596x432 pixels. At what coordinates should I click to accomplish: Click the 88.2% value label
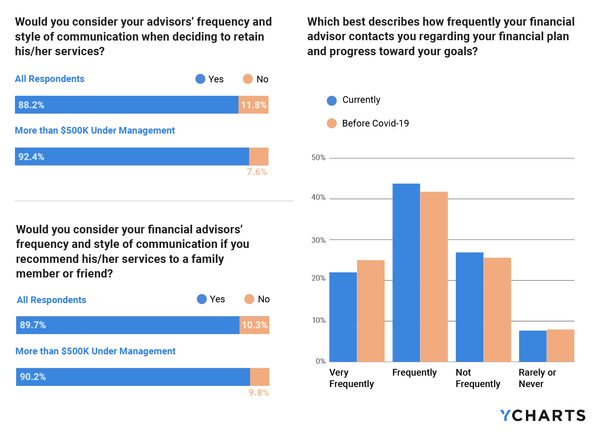pyautogui.click(x=31, y=105)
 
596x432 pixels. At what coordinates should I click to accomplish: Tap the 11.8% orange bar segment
pyautogui.click(x=254, y=105)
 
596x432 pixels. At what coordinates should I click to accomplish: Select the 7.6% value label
pyautogui.click(x=257, y=172)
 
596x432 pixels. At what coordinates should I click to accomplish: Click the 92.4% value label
pyautogui.click(x=31, y=157)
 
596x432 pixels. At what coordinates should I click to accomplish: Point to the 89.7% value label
pyautogui.click(x=33, y=325)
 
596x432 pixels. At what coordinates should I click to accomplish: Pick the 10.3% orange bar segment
pyautogui.click(x=254, y=325)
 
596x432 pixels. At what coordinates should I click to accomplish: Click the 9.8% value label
pyautogui.click(x=259, y=393)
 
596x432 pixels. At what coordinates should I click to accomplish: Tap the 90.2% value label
pyautogui.click(x=33, y=377)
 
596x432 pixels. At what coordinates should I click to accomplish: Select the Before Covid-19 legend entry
pyautogui.click(x=368, y=123)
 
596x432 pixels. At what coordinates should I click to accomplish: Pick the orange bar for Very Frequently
pyautogui.click(x=370, y=311)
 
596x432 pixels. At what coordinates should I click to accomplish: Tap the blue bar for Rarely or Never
pyautogui.click(x=533, y=346)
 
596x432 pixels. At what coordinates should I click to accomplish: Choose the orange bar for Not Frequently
pyautogui.click(x=497, y=310)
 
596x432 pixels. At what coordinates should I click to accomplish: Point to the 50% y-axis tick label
pyautogui.click(x=318, y=158)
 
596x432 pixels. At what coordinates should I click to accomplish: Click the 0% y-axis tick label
pyautogui.click(x=320, y=361)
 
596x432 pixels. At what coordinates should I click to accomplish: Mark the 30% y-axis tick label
pyautogui.click(x=318, y=240)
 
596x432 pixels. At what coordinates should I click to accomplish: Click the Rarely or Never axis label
pyautogui.click(x=537, y=378)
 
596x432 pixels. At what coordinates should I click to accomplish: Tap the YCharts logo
pyautogui.click(x=542, y=415)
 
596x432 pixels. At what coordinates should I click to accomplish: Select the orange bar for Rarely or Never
pyautogui.click(x=560, y=346)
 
